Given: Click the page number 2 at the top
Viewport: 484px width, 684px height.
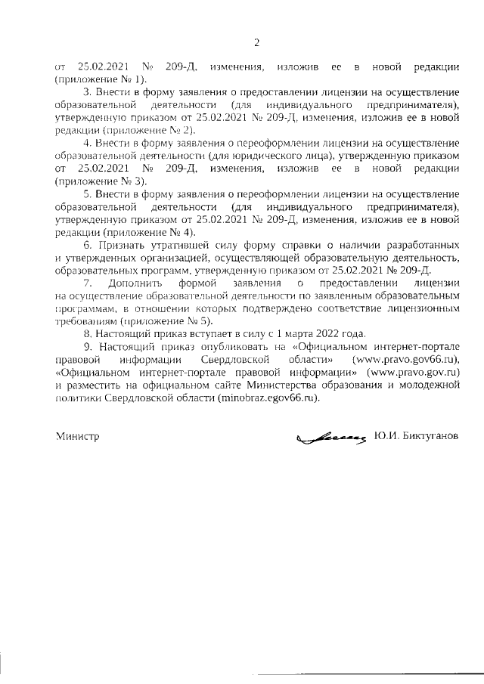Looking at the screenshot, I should pyautogui.click(x=256, y=42).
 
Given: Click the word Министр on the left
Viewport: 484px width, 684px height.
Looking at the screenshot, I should pyautogui.click(x=77, y=437).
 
